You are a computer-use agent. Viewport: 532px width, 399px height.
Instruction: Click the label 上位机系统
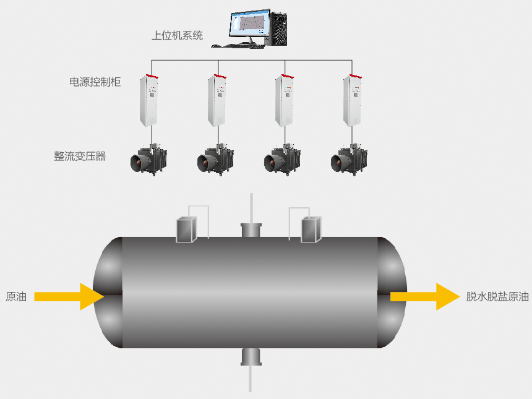click(x=177, y=35)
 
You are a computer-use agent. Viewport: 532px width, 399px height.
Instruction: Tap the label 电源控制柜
click(x=95, y=82)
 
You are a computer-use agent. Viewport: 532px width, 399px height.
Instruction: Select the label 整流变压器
click(x=80, y=156)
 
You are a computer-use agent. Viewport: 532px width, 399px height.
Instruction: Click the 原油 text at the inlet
click(x=15, y=296)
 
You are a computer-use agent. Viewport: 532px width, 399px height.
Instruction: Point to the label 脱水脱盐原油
click(x=497, y=296)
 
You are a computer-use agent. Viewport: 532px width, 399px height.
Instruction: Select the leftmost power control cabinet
click(x=150, y=100)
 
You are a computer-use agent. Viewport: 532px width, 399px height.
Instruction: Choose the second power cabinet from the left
click(x=217, y=100)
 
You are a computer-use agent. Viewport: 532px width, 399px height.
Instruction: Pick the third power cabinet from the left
click(x=284, y=100)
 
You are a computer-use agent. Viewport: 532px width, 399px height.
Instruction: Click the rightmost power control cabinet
click(x=352, y=100)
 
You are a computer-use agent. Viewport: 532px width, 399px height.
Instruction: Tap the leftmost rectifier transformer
click(x=148, y=159)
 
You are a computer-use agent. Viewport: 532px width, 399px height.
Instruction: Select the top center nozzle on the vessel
click(x=251, y=230)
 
